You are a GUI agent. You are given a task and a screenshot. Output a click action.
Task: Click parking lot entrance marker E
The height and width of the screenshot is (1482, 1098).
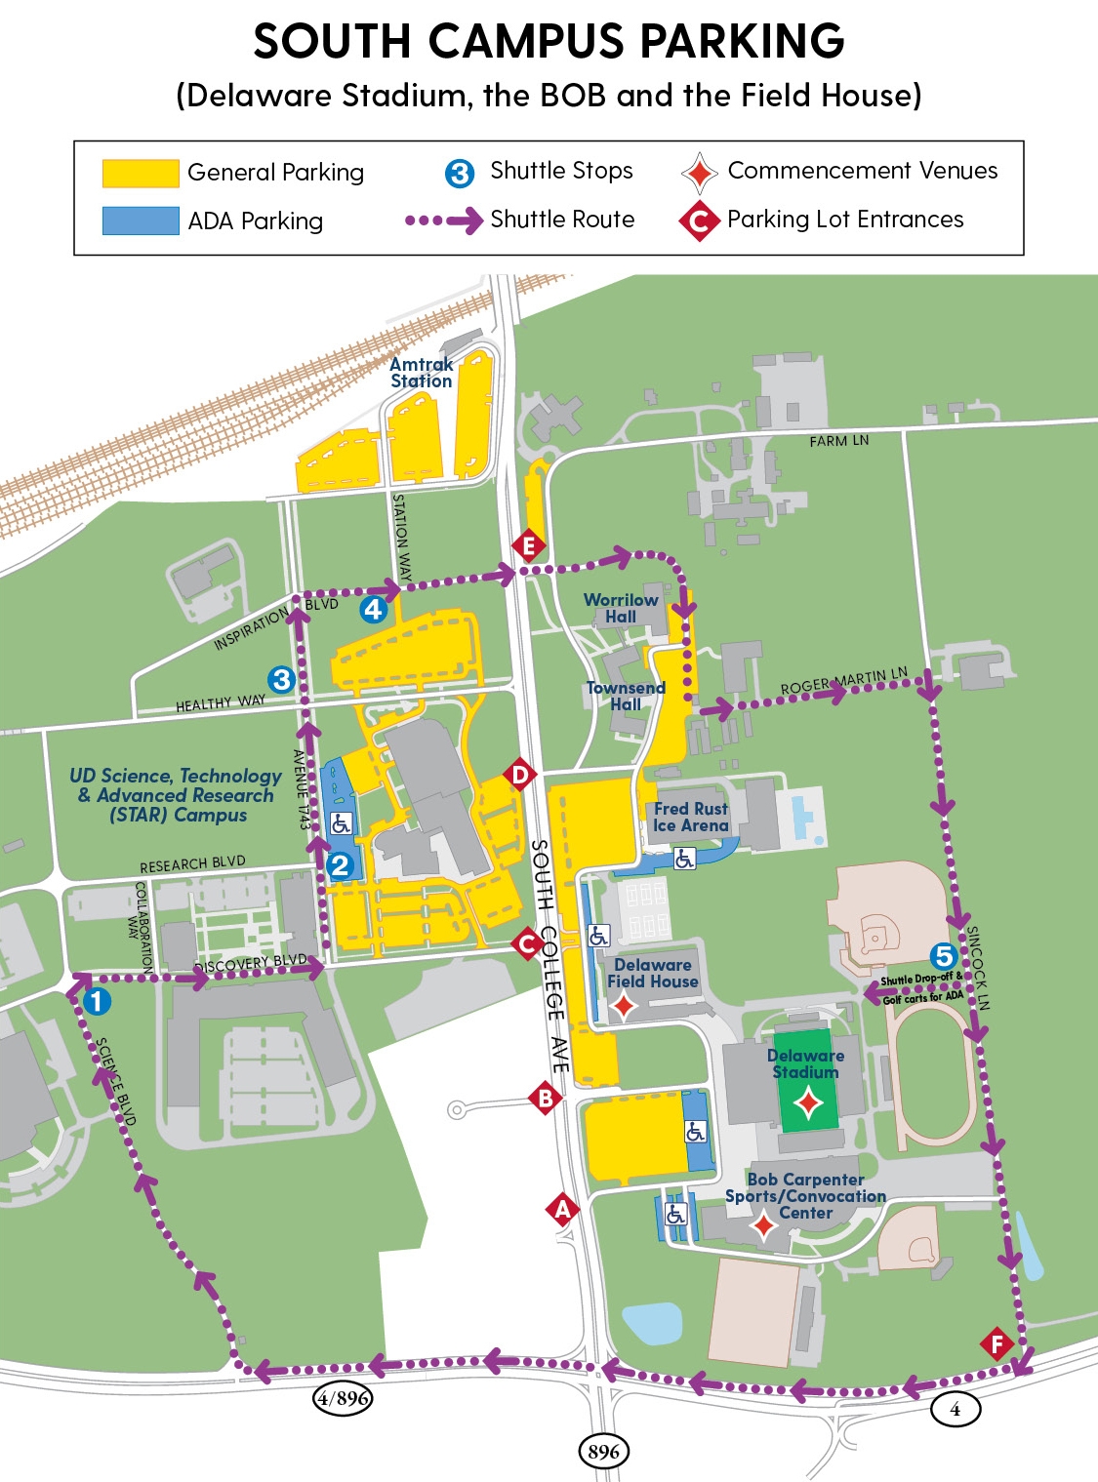pyautogui.click(x=529, y=545)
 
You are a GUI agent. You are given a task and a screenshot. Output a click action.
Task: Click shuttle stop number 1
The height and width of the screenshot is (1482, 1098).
pyautogui.click(x=97, y=1001)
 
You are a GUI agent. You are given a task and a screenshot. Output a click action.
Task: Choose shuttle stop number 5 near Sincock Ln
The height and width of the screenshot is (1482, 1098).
pyautogui.click(x=943, y=956)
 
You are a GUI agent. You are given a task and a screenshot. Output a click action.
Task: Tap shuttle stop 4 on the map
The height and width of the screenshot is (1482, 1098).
pyautogui.click(x=374, y=610)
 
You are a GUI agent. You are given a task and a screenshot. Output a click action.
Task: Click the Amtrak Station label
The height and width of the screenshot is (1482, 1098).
pyautogui.click(x=422, y=373)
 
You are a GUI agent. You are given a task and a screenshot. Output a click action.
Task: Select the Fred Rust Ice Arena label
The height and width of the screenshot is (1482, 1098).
pyautogui.click(x=691, y=817)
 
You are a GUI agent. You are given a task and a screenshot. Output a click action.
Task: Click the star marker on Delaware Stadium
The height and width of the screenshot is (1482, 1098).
pyautogui.click(x=808, y=1104)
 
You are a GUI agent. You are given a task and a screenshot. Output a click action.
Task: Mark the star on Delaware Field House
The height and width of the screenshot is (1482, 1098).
pyautogui.click(x=623, y=1006)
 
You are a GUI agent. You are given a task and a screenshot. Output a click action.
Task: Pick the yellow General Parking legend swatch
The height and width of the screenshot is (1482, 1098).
pyautogui.click(x=141, y=173)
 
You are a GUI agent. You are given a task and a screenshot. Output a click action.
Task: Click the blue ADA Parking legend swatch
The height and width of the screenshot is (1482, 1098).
pyautogui.click(x=141, y=220)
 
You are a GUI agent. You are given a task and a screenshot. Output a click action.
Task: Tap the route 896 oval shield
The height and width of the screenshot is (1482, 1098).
pyautogui.click(x=603, y=1452)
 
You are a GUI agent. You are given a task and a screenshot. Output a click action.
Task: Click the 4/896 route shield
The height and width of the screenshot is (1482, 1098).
pyautogui.click(x=343, y=1398)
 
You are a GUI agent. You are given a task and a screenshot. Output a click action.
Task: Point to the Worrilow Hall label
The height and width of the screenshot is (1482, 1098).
pyautogui.click(x=621, y=608)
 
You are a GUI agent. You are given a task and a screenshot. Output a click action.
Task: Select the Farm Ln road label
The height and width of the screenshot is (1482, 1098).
pyautogui.click(x=838, y=441)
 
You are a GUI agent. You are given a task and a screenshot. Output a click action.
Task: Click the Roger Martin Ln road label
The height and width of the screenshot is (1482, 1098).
pyautogui.click(x=843, y=681)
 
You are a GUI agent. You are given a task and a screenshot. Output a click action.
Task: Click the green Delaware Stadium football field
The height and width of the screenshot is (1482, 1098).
pyautogui.click(x=807, y=1081)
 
